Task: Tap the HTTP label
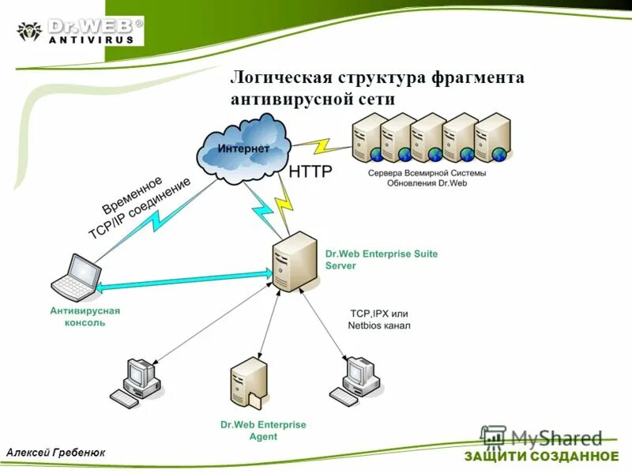point(310,171)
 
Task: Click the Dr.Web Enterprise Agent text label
point(263,431)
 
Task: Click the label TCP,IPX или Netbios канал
point(380,319)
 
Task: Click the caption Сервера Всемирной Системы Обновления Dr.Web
point(427,178)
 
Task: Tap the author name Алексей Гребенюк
point(56,452)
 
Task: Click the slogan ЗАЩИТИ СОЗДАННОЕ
point(541,457)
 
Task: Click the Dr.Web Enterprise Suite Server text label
point(381,260)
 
